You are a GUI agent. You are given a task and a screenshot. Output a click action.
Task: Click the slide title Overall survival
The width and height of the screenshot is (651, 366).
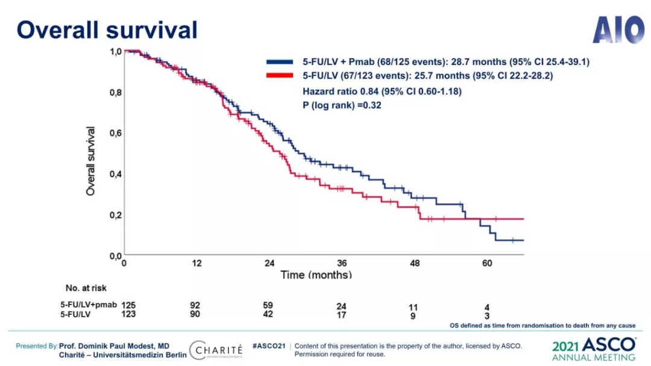pos(107,29)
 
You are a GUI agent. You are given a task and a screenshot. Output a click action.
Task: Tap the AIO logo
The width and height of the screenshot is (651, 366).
pos(618,29)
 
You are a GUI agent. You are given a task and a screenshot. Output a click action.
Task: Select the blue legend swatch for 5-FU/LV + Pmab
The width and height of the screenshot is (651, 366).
pos(280,62)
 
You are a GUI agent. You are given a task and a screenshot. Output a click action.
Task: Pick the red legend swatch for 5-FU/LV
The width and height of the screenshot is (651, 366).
pos(280,76)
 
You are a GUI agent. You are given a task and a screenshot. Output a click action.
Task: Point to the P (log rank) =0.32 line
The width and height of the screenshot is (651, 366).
pos(341,105)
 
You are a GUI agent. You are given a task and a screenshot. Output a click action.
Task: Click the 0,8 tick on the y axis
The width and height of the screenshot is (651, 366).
pos(115,93)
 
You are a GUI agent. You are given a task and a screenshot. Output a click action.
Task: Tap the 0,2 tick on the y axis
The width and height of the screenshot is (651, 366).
pos(115,215)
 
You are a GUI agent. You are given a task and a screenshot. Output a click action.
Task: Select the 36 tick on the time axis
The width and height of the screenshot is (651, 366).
pos(342,264)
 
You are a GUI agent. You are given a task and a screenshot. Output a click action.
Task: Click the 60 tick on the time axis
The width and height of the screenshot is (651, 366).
pos(487,264)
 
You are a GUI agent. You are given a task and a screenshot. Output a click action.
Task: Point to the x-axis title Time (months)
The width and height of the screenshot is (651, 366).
pos(316,274)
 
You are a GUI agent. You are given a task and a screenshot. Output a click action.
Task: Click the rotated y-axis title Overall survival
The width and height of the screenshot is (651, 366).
pos(91,161)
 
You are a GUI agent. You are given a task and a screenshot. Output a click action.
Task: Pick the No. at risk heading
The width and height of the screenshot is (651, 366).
pos(86,288)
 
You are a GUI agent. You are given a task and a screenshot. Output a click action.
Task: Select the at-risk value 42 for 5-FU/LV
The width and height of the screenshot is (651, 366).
pos(269,314)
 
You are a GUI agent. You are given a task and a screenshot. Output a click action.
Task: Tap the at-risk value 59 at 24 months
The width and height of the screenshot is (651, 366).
pos(269,305)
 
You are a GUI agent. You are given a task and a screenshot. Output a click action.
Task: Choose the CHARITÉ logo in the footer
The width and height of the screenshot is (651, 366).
pos(216,350)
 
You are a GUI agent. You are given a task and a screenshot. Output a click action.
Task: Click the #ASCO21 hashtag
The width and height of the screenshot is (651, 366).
pos(268,346)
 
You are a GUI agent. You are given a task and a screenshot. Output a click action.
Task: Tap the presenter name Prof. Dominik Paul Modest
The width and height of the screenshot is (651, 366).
pos(115,346)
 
